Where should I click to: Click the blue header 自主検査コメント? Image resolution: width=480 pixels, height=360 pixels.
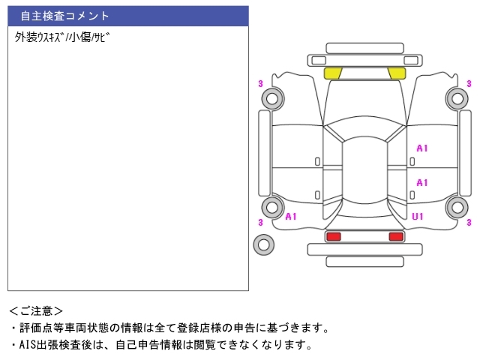(128, 16)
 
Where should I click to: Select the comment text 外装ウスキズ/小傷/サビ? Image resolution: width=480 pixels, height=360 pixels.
(62, 37)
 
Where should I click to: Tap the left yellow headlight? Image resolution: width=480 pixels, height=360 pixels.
(333, 73)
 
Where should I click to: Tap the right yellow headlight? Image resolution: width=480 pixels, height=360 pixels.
(397, 73)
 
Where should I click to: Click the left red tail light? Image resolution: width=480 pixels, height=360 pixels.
(334, 236)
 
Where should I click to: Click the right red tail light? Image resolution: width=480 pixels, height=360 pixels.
(396, 236)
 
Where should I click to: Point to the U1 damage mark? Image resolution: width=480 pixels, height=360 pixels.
(418, 217)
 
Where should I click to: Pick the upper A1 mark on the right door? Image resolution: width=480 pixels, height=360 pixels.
(421, 148)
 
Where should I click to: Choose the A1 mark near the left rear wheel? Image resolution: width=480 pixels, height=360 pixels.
(291, 217)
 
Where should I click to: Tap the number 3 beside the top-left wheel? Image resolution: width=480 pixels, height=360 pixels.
(260, 83)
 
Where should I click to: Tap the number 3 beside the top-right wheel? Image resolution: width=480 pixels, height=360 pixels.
(469, 83)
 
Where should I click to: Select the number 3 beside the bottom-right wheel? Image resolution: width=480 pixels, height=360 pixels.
(469, 222)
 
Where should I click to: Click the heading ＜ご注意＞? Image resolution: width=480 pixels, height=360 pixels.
(36, 311)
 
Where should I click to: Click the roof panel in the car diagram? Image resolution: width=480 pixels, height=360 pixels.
(364, 170)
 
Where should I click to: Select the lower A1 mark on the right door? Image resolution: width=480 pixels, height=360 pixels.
(421, 183)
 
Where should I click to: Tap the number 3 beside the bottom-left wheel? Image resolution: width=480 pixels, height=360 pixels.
(260, 222)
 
